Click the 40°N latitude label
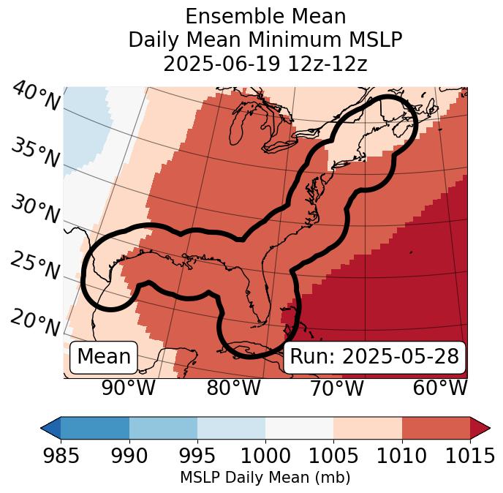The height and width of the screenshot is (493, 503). (35, 97)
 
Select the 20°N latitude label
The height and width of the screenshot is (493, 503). (35, 322)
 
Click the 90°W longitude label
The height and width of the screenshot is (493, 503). (129, 388)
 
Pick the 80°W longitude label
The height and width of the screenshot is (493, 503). (233, 388)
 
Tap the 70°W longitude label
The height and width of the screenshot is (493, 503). (336, 388)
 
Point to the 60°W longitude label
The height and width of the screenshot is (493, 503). (440, 388)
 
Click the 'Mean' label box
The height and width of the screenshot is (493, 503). (104, 357)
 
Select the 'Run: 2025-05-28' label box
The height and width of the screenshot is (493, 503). (374, 357)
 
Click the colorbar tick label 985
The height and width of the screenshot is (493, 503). (61, 456)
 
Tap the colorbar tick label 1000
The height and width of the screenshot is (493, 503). (265, 456)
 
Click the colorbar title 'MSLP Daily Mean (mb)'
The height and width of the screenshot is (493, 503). (265, 478)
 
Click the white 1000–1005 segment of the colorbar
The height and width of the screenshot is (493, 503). (299, 427)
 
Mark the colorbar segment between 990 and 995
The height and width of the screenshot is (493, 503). (163, 427)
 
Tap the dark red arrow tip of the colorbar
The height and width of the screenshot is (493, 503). (480, 427)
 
